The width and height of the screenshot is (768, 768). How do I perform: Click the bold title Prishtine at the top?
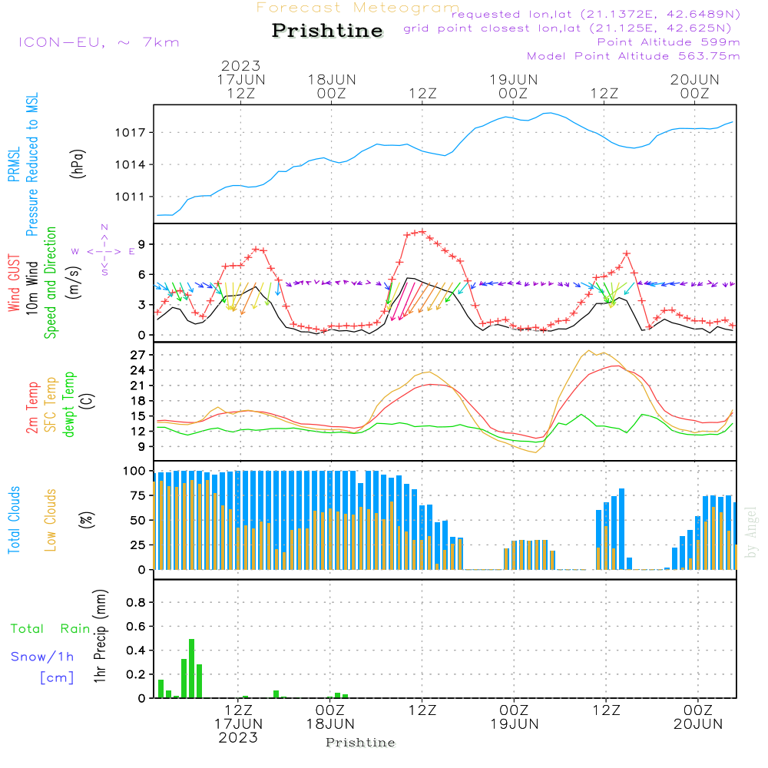tap(327, 31)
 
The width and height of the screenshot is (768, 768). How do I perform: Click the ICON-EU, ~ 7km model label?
tap(99, 42)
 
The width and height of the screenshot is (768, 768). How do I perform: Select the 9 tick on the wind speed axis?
tap(142, 244)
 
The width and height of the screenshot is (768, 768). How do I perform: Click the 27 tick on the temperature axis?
tap(139, 355)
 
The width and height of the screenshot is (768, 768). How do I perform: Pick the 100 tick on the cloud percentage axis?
tap(135, 470)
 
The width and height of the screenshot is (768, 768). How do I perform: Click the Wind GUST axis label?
tap(15, 283)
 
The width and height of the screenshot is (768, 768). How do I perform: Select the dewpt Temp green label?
tap(69, 405)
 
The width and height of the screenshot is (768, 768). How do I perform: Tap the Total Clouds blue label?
tap(15, 520)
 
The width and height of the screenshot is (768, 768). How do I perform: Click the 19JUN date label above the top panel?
tap(513, 80)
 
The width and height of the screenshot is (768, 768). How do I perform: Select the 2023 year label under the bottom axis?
tap(238, 738)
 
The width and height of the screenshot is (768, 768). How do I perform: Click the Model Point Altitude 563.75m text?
tap(634, 56)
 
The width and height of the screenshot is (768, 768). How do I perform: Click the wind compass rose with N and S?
tap(104, 250)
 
